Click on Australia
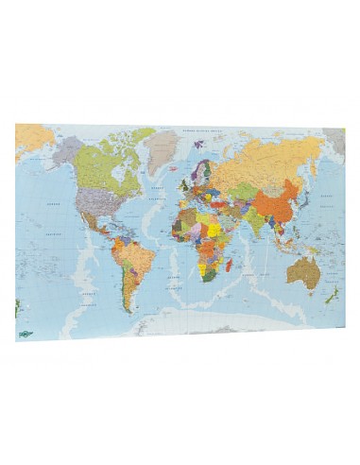coord(304,271)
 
